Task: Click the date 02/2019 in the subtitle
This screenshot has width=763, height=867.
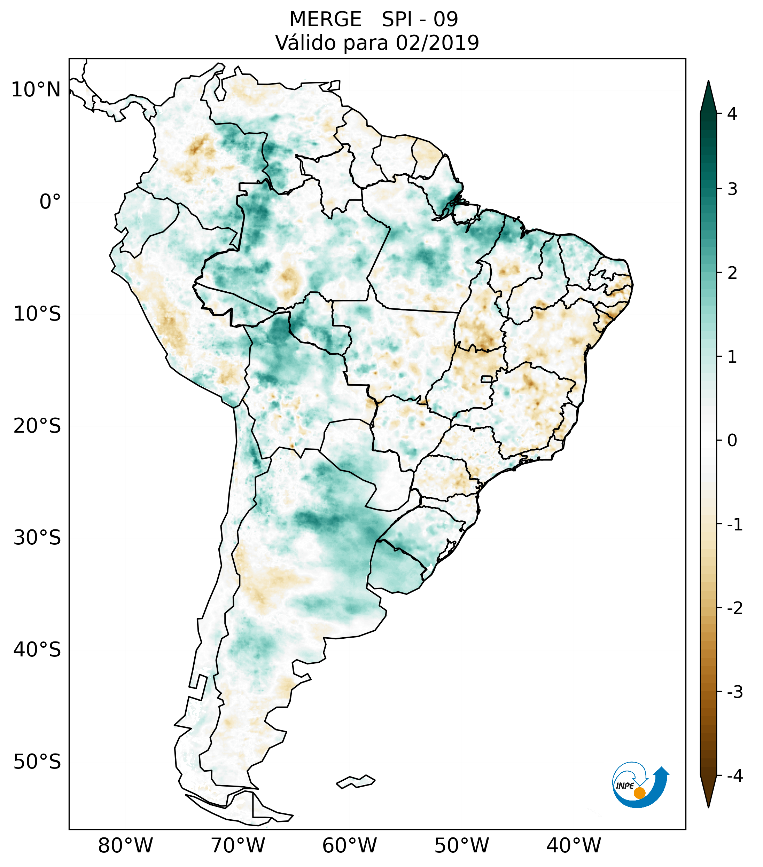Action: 437,43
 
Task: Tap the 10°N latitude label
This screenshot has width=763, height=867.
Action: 36,90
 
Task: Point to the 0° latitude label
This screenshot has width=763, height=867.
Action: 50,202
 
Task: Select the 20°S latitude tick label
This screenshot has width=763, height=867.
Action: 37,426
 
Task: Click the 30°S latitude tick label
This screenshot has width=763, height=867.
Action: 37,538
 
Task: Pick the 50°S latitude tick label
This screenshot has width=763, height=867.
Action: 37,762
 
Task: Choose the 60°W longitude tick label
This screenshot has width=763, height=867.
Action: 349,845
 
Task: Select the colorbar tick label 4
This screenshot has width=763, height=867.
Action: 732,114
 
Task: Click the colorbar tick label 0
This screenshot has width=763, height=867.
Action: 732,441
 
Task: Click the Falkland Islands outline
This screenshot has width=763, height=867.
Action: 356,781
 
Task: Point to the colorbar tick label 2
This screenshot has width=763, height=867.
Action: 732,273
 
